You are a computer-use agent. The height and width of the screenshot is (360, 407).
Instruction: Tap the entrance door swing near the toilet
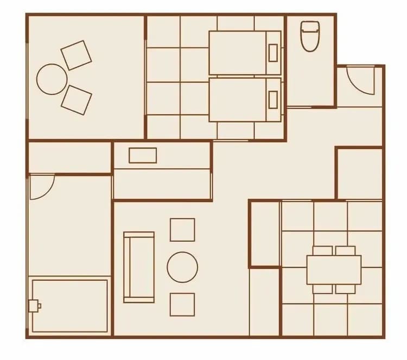[x=359, y=80]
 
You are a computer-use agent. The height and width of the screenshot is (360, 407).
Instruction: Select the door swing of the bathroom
[x=41, y=186]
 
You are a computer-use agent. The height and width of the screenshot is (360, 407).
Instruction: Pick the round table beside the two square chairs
[x=52, y=79]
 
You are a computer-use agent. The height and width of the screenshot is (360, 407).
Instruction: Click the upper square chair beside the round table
[x=76, y=55]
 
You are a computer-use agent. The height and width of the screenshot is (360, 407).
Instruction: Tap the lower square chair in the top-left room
[x=76, y=99]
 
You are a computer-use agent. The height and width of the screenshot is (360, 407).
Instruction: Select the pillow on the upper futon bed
[x=273, y=52]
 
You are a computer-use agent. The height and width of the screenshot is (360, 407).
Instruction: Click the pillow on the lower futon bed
[x=273, y=99]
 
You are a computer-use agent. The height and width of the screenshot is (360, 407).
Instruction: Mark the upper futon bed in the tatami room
[x=244, y=53]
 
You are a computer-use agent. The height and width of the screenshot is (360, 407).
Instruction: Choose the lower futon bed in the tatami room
[x=244, y=99]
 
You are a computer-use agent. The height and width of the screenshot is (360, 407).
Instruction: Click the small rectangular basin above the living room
[x=143, y=155]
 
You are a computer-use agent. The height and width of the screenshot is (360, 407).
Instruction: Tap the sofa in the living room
[x=139, y=267]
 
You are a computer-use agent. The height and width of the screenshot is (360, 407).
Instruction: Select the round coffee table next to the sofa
[x=182, y=267]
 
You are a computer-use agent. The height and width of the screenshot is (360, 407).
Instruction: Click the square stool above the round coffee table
[x=182, y=230]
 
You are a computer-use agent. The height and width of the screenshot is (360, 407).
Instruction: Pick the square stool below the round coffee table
[x=182, y=305]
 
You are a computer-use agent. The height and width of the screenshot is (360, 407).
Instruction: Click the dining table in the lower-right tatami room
[x=334, y=270]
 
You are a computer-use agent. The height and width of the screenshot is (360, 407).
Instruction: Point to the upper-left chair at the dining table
[x=323, y=250]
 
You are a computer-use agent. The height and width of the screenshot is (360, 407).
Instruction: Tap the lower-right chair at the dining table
[x=345, y=289]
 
